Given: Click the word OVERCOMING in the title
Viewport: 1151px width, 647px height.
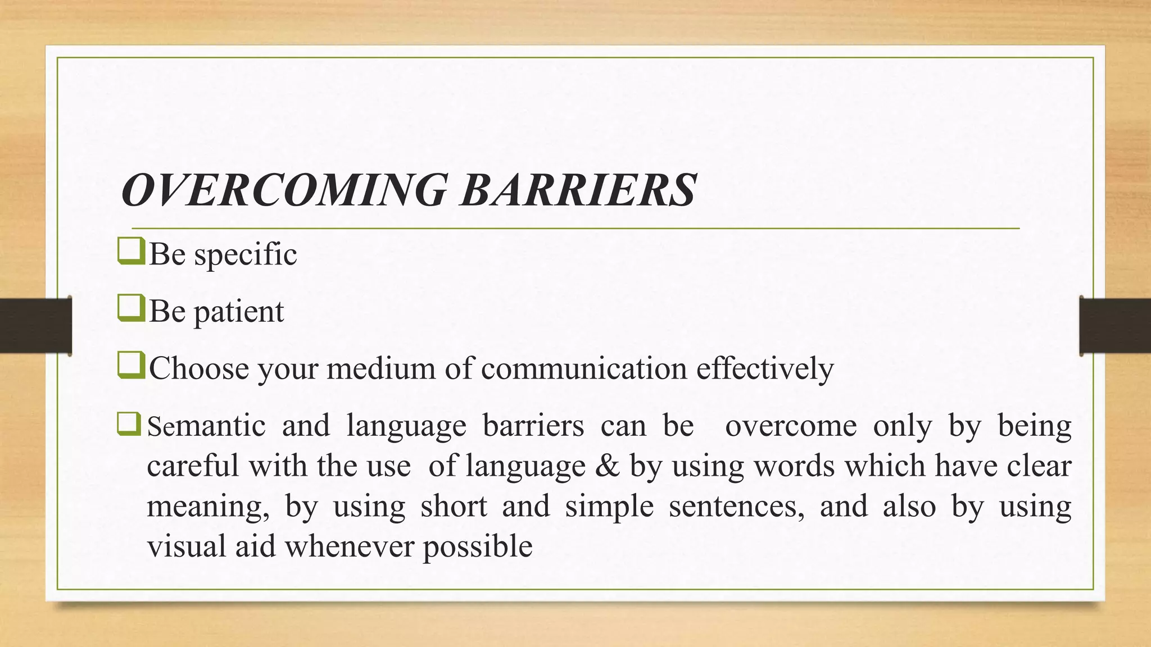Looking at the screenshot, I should [284, 190].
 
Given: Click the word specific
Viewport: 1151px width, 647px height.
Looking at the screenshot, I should [245, 254].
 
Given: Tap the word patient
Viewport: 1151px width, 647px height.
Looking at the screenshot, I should [239, 312].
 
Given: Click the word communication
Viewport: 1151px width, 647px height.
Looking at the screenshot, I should [584, 369].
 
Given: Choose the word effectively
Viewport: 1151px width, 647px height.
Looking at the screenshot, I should [765, 369].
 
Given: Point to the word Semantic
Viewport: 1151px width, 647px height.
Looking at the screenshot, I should [206, 426].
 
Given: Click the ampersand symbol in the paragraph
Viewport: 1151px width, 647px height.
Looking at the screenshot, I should [606, 466].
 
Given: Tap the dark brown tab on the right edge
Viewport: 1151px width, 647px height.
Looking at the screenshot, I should [1115, 326].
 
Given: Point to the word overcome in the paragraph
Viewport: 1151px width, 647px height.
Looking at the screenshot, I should [791, 426].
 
